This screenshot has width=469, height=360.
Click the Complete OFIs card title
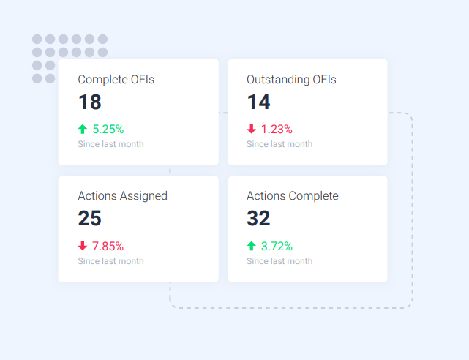116,79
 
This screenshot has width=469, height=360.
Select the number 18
89,102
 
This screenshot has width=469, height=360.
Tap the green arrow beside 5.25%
83,129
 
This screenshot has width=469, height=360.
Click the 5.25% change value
108,129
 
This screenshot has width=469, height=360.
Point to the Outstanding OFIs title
291,79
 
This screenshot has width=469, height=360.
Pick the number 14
258,102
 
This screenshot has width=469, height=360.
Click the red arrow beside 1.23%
252,129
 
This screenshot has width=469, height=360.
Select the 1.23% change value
277,129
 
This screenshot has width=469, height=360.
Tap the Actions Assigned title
122,196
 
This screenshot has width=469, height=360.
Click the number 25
89,219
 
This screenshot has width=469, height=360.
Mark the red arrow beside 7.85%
83,246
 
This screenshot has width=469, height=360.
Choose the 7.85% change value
108,246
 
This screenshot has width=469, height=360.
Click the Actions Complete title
293,196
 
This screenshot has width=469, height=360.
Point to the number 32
258,219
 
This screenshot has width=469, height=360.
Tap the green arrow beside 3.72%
252,246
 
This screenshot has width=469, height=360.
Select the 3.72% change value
277,246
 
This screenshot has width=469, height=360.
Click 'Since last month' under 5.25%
110,144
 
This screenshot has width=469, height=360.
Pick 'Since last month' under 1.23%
279,144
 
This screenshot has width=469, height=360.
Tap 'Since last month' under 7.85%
110,261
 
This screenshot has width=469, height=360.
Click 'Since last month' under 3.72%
279,261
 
